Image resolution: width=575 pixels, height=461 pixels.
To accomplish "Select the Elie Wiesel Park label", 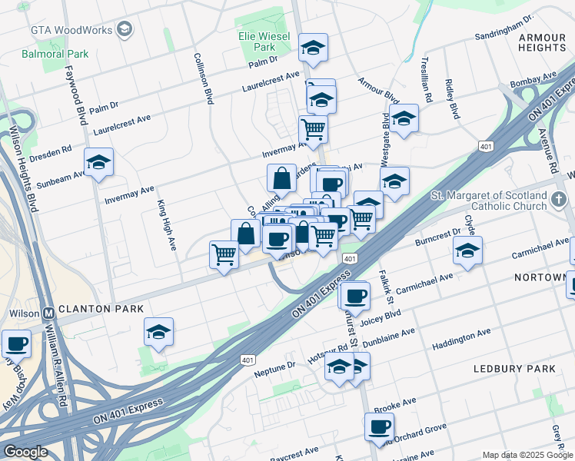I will click(x=263, y=41).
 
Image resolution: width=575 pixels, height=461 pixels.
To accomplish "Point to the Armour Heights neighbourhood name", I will click(x=541, y=42).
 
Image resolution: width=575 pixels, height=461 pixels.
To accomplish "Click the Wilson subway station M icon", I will click(x=48, y=313).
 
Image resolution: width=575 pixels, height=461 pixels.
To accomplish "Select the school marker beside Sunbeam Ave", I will click(x=98, y=163).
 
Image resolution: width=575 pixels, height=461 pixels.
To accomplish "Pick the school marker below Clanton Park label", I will click(x=158, y=332).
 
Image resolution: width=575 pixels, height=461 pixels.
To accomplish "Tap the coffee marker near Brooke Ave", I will click(x=379, y=426).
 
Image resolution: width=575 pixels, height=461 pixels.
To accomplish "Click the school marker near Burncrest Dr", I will click(x=467, y=251).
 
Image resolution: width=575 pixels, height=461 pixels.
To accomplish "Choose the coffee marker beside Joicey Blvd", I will click(x=354, y=295).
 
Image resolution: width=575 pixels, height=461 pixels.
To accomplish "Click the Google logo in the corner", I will click(x=25, y=452).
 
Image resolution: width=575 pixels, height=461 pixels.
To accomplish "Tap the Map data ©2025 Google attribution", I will click(x=527, y=455).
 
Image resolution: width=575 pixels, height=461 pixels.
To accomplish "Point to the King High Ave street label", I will click(x=167, y=225).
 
